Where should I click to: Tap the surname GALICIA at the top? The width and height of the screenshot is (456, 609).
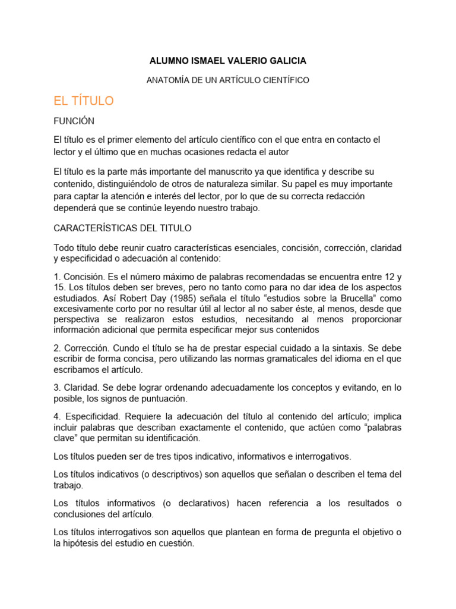[x=286, y=61]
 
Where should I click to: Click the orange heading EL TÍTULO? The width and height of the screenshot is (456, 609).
[x=84, y=101]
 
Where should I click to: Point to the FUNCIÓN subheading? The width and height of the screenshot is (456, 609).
[x=74, y=121]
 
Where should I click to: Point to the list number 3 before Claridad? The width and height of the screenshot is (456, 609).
[x=56, y=388]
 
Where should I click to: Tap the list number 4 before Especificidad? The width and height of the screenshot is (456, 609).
[x=56, y=417]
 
